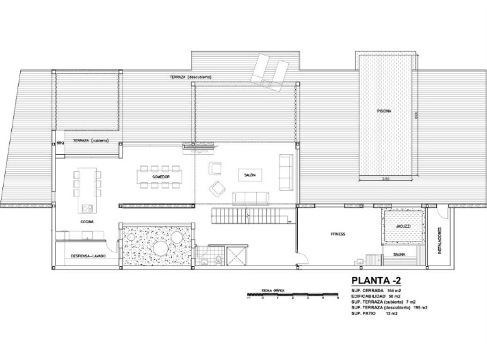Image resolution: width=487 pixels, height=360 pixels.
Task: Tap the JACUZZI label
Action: click(x=403, y=226)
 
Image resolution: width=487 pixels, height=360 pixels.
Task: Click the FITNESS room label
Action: click(x=337, y=234)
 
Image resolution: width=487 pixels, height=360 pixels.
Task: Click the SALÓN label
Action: click(x=249, y=175)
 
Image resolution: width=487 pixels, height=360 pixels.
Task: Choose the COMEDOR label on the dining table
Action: click(x=160, y=177)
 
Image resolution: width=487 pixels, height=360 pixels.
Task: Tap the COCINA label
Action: click(x=86, y=221)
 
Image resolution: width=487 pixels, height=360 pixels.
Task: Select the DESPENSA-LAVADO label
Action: click(x=88, y=256)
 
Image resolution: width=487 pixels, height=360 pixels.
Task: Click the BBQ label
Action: click(x=60, y=143)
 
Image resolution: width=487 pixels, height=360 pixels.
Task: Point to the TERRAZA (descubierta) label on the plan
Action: click(x=192, y=76)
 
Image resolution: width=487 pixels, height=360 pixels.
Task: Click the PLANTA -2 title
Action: click(x=375, y=281)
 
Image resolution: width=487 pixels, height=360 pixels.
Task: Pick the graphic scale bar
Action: click(x=293, y=295)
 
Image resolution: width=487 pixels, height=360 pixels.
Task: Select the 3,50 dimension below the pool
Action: click(x=386, y=179)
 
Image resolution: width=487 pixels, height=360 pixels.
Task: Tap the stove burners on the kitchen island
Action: click(x=86, y=208)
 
